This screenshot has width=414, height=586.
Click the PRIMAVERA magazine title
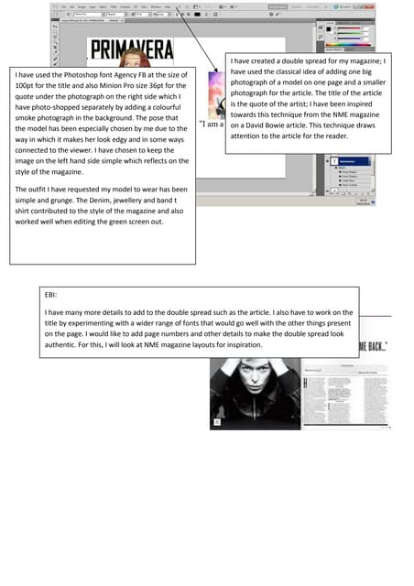pos(137,50)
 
